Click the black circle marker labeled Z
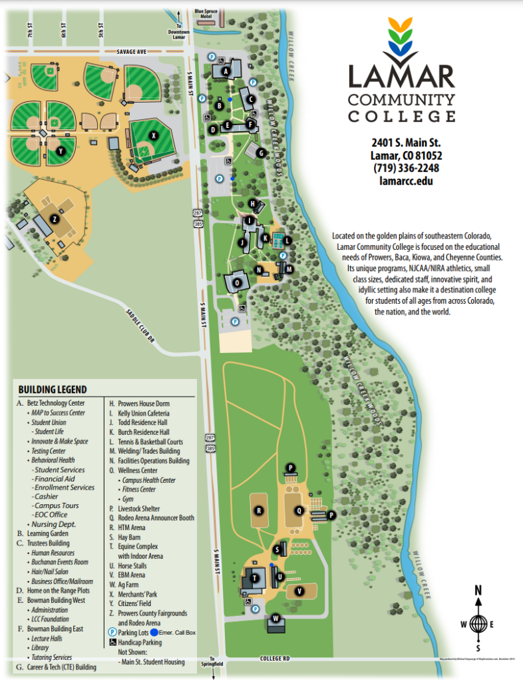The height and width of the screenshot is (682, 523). [x=55, y=219]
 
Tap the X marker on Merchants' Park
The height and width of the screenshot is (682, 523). [x=154, y=135]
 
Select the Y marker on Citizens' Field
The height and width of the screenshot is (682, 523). [x=61, y=151]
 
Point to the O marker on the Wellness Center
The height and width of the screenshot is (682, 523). [x=237, y=282]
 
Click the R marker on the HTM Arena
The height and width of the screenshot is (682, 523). [x=259, y=511]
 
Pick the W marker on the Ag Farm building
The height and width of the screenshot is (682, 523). [x=275, y=618]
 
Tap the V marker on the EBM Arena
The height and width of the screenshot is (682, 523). [x=299, y=591]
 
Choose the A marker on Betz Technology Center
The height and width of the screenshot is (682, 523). [x=226, y=71]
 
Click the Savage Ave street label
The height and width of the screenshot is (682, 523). [x=133, y=51]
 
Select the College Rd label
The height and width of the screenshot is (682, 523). [x=275, y=659]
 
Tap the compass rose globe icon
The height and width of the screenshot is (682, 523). [x=477, y=624]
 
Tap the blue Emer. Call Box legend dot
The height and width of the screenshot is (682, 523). [x=154, y=632]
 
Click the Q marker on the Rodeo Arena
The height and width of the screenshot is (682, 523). [x=299, y=510]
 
